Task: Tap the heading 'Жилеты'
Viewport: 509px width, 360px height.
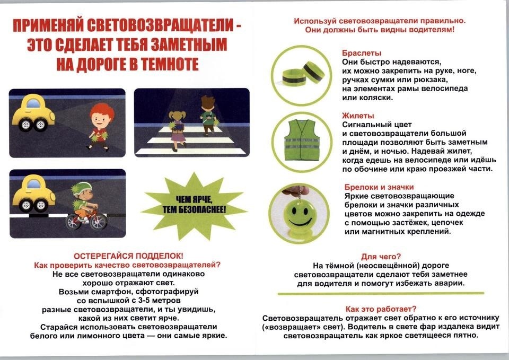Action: [x=358, y=116]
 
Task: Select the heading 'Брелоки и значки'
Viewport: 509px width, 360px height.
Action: [x=379, y=187]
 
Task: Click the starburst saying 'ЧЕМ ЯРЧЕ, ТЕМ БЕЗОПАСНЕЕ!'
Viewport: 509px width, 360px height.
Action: [x=186, y=204]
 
